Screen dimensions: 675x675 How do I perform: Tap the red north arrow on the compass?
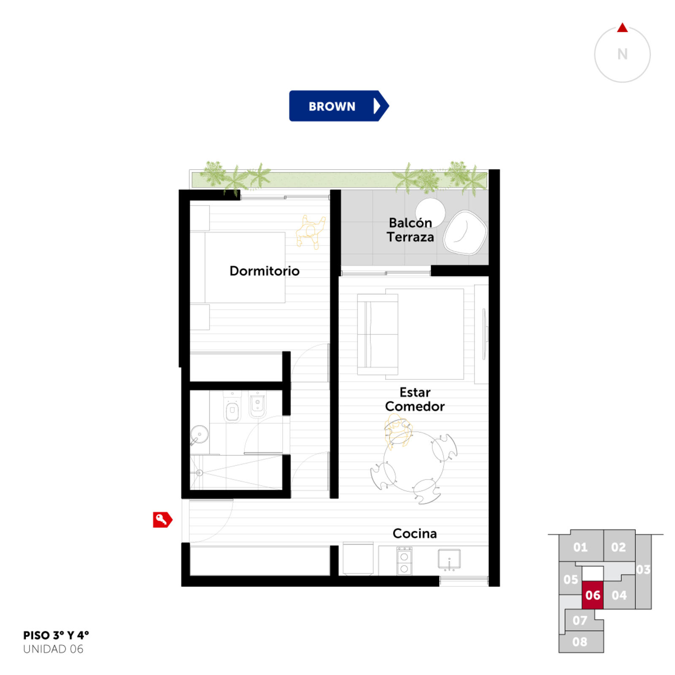coord(622,27)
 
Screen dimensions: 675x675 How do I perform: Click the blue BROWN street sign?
coord(339,106)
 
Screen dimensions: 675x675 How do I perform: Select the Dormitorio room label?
coord(265,271)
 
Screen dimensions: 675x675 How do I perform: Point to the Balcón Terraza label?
coord(410,230)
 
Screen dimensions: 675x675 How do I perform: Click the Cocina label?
coord(415,533)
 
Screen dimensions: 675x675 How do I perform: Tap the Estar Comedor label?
coord(415,399)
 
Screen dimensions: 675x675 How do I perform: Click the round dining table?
coord(413,462)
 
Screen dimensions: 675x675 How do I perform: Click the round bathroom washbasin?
coord(199,435)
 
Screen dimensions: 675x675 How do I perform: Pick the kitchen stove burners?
coord(404,561)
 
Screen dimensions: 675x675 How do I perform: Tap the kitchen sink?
coord(449,559)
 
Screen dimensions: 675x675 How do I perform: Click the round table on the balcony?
coord(430,212)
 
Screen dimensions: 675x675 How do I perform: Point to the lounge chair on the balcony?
coord(465,232)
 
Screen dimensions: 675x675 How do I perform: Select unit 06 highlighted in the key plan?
coord(593,595)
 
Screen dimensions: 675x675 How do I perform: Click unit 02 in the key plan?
coord(618,547)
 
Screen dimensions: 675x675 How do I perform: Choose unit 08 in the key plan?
coord(580,642)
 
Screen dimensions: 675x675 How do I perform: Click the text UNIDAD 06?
coord(53,649)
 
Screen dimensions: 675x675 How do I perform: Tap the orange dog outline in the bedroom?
coord(310,232)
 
